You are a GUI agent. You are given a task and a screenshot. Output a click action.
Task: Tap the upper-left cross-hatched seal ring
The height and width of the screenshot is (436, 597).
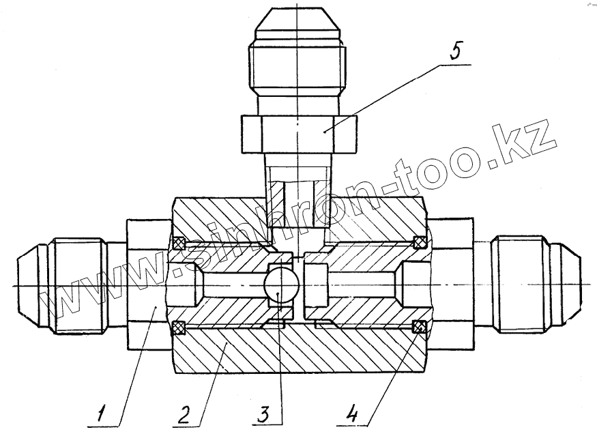[179, 242]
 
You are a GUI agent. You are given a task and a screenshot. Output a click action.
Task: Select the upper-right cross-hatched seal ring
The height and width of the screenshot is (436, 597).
[420, 242]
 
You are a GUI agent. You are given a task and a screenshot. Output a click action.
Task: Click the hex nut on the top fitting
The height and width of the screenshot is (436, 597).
[297, 133]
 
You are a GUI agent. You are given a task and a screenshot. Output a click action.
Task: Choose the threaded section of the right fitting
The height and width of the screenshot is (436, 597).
[522, 284]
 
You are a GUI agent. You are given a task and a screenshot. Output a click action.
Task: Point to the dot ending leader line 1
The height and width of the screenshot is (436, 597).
[156, 308]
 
